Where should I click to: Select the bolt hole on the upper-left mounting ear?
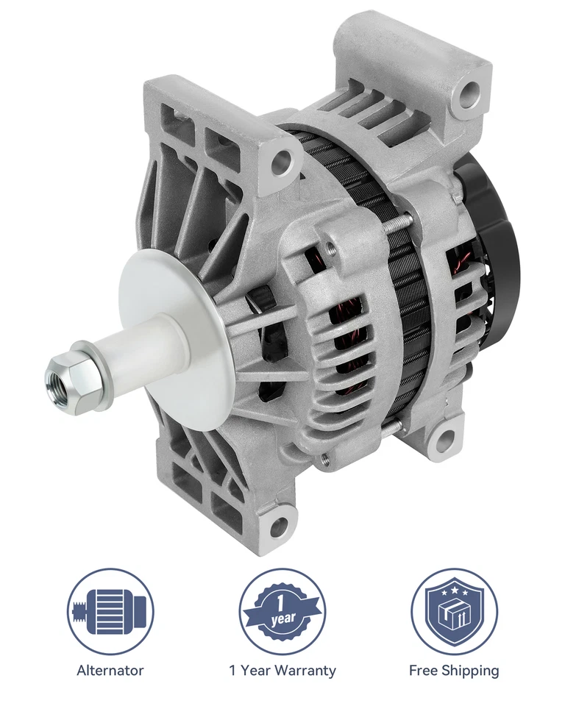coord(282,163)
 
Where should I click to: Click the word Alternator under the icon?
coord(110,670)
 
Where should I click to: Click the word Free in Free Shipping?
coord(424,670)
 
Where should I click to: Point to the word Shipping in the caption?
coord(470,670)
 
